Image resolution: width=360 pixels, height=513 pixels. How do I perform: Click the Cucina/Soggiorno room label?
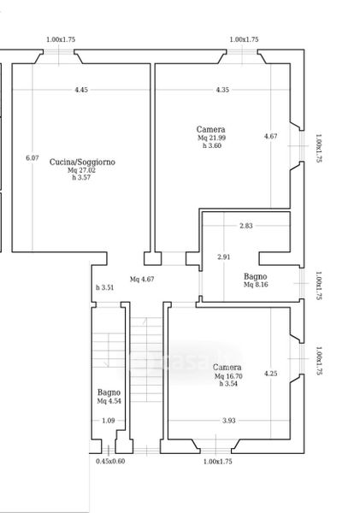82,162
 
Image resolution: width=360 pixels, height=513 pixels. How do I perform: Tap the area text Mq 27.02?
81,170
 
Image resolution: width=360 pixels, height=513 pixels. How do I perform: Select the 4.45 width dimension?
81,90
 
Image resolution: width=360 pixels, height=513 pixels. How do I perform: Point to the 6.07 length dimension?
32,157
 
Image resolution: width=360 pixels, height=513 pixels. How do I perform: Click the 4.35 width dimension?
222,90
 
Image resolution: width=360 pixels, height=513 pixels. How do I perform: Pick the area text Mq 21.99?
211,138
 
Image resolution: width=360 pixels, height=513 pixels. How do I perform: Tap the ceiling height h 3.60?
212,145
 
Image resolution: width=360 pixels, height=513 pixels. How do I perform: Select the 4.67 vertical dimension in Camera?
271,136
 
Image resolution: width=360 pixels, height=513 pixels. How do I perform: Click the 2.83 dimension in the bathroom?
245,226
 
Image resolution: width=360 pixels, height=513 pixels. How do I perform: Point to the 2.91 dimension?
224,256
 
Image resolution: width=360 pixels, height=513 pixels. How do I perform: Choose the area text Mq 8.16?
256,285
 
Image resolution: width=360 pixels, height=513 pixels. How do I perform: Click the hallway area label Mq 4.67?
142,279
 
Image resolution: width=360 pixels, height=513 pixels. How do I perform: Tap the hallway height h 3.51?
104,287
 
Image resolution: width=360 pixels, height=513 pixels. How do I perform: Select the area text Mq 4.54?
109,401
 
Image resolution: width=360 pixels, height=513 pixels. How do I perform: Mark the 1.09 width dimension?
109,421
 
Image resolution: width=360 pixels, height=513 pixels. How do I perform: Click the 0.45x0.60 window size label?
110,462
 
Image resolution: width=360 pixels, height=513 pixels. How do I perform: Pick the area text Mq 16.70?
228,376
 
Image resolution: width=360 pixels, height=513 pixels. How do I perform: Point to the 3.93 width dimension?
229,421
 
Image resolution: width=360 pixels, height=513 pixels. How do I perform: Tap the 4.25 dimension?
271,374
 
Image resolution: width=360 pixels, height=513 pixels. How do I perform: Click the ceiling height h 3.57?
81,177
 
